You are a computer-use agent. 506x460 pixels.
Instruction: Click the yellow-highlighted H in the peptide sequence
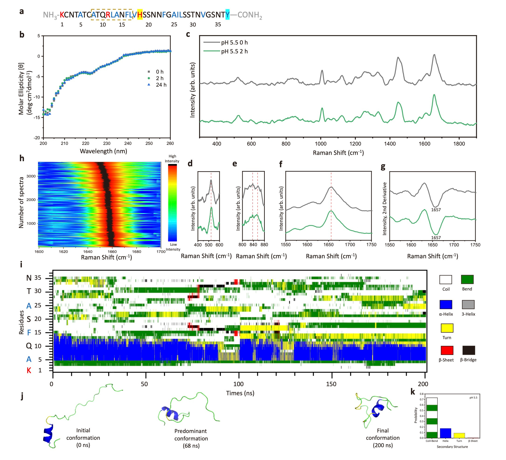coord(140,14)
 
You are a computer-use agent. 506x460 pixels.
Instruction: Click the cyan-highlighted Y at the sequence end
coord(227,14)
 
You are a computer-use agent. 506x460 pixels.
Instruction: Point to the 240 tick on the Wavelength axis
coord(128,143)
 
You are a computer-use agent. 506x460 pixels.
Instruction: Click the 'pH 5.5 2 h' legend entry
coord(234,51)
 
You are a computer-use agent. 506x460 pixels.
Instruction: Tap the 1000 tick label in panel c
coord(320,144)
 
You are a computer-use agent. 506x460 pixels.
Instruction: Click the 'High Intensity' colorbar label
coord(172,159)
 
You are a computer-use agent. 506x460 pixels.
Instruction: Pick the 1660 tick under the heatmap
coord(112,252)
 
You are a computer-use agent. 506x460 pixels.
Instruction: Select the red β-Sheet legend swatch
coord(447,350)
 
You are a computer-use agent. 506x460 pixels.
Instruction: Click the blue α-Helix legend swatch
coord(446,304)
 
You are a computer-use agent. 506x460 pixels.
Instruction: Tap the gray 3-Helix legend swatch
coord(468,304)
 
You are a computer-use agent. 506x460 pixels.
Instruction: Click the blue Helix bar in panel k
coord(445,433)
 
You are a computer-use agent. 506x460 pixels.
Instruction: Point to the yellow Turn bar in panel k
coord(459,435)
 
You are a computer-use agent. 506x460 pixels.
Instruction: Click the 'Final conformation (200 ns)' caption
coord(382,438)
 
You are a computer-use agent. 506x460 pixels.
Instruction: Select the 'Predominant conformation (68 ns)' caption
coord(191,438)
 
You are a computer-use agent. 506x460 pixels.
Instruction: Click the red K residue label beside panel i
coord(29,370)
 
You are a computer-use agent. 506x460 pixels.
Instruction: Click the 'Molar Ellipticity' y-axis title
coord(21,89)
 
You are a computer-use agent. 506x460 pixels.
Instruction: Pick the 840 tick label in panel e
coord(253,245)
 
